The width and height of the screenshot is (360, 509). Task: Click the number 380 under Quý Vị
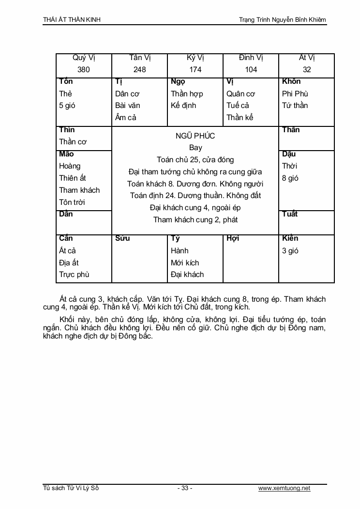point(84,70)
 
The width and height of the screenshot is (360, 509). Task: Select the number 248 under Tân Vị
point(139,70)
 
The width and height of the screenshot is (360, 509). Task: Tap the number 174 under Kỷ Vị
point(195,70)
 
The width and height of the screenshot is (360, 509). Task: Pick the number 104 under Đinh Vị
point(251,70)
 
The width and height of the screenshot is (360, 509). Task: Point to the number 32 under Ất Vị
point(307,70)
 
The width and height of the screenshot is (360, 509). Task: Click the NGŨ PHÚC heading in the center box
point(195,136)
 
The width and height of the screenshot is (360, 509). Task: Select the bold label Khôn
point(291,81)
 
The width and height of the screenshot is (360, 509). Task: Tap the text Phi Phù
point(295,94)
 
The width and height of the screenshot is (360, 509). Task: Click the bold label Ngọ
point(178,81)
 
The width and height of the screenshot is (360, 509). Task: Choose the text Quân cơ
point(240,94)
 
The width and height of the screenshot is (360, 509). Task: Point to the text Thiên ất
point(73,178)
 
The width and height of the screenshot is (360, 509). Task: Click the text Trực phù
point(74,275)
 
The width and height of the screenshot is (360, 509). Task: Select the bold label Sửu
point(122,238)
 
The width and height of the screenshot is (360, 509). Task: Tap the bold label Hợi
point(233,238)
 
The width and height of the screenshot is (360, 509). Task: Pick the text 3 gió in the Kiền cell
point(290,251)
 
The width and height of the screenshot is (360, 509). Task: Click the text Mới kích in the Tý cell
point(185,262)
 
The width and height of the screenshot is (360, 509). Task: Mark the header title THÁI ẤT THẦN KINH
point(72,20)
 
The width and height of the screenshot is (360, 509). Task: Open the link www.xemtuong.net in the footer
point(285,488)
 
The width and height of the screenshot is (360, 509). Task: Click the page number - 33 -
point(185,488)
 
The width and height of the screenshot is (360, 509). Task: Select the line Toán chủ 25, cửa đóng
point(195,160)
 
